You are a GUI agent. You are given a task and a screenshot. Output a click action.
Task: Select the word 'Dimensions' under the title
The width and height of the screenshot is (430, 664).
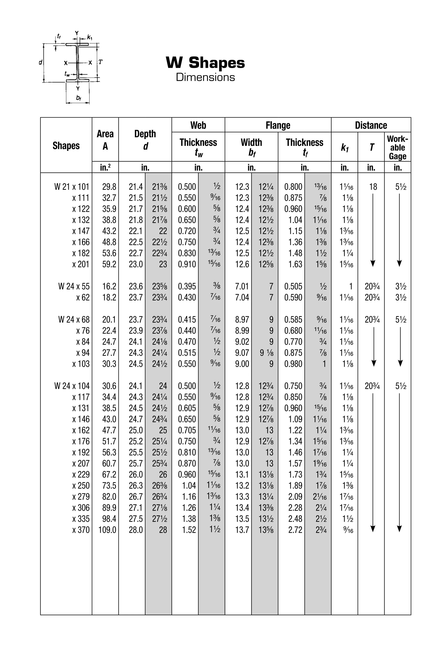click(205, 77)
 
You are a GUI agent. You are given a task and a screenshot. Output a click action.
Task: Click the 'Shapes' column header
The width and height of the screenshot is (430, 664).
click(66, 145)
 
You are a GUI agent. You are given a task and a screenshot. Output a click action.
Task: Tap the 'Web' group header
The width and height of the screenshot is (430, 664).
click(198, 125)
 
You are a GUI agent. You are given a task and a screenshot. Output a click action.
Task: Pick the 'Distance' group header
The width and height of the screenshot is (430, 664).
click(371, 125)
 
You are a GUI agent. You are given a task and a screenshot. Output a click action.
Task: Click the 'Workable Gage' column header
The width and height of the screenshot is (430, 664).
click(397, 147)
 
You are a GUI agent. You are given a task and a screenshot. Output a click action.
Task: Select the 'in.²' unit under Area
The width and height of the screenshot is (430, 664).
click(105, 167)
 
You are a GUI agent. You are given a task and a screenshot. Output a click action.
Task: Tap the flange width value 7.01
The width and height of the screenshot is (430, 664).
click(242, 286)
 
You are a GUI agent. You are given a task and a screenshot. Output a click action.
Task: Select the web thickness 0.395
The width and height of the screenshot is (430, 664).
click(187, 286)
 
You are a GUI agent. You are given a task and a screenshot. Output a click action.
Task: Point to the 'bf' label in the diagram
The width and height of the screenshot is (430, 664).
click(78, 98)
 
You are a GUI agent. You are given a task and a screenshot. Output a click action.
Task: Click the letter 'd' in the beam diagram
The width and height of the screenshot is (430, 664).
click(41, 63)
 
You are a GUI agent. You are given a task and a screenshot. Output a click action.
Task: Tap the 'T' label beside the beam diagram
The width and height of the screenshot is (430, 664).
click(100, 62)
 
